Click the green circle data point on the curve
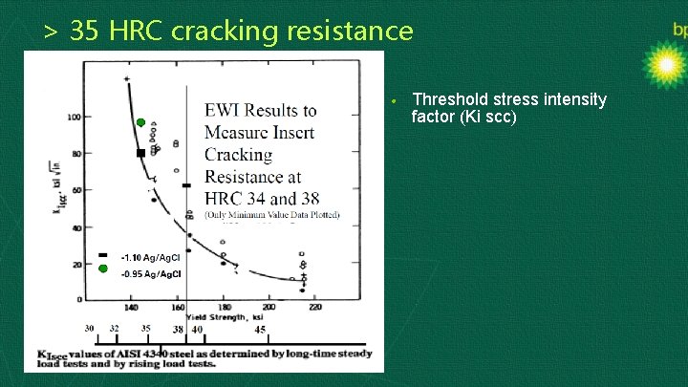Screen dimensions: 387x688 point(140,123)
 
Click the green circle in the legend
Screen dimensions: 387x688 point(102,269)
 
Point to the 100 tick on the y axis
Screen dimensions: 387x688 point(73,117)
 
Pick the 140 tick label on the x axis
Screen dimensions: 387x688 point(132,307)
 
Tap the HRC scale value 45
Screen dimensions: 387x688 point(260,329)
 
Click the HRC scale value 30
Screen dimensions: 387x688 point(89,328)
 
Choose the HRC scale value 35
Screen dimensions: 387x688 point(145,328)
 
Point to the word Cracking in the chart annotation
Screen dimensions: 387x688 point(238,155)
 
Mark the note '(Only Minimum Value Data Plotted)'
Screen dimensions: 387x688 point(271,216)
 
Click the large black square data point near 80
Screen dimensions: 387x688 point(140,153)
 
